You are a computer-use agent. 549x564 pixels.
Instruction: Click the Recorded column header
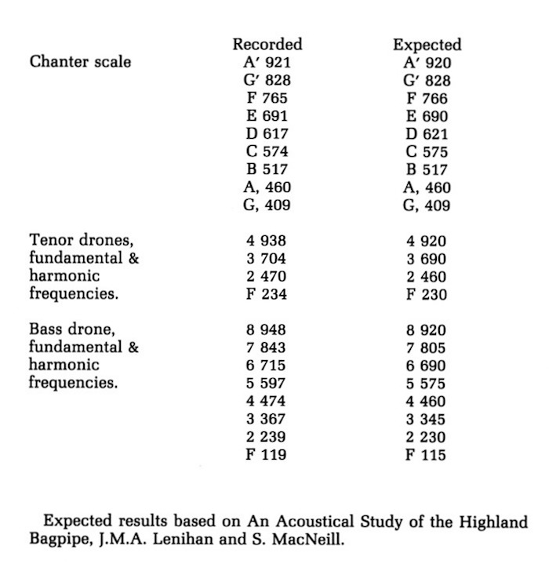point(267,44)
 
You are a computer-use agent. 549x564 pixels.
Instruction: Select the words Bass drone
point(67,329)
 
